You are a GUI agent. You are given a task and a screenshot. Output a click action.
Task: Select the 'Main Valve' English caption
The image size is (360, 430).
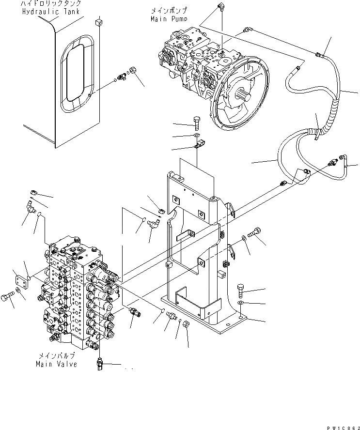(x=56, y=364)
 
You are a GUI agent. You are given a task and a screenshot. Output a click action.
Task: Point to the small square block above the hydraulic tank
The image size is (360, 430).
(x=99, y=21)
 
